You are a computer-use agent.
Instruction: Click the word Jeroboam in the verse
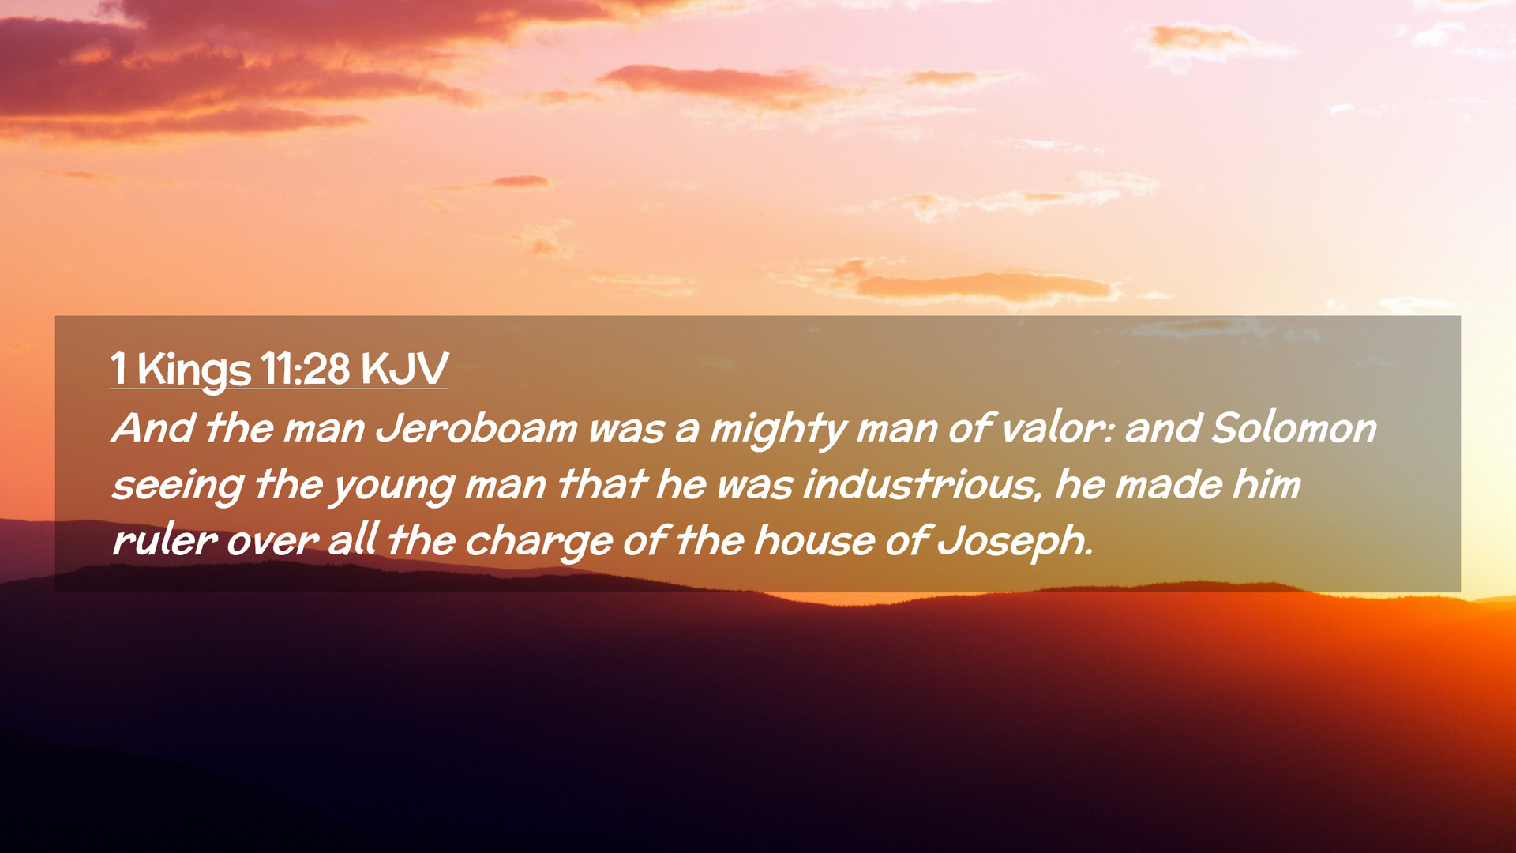pos(476,428)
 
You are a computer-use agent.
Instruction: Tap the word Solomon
pos(1293,428)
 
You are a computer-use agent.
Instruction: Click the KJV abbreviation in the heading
pos(404,368)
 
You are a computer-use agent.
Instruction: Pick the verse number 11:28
pos(305,368)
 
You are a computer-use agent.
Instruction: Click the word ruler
pos(164,540)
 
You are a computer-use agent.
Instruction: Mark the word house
pos(813,540)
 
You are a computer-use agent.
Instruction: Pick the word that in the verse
pos(602,484)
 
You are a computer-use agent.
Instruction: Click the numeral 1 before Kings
pos(118,368)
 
